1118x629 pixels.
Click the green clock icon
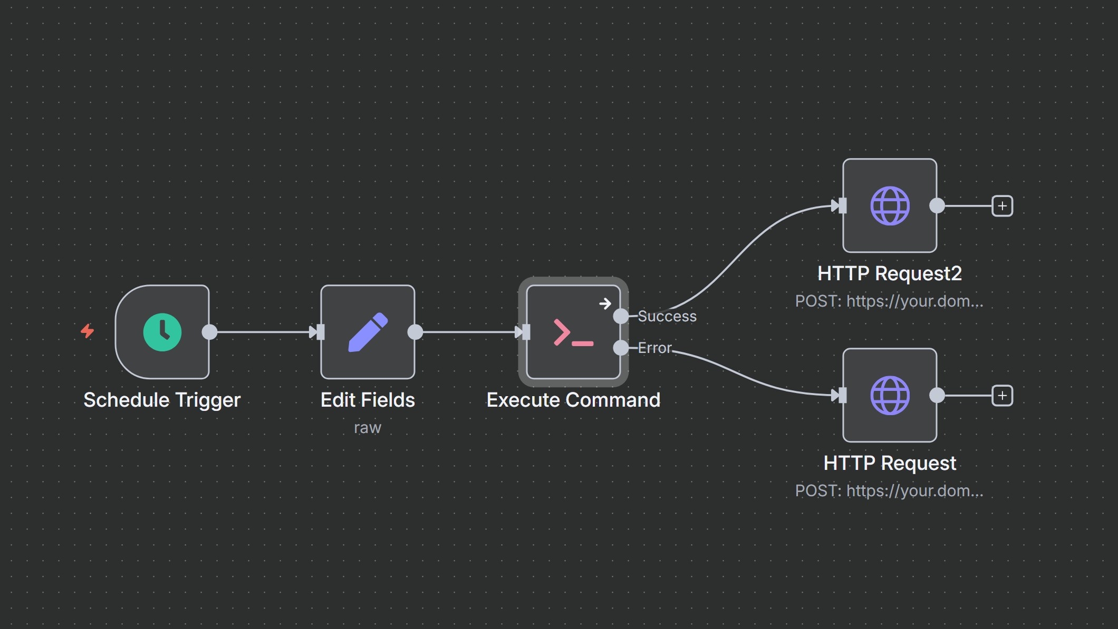162,332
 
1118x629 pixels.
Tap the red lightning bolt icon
88,331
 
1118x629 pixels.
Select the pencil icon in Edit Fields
368,332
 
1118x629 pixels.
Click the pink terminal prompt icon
573,333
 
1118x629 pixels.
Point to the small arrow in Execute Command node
605,303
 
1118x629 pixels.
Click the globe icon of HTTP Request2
890,206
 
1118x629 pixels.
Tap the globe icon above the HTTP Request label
890,396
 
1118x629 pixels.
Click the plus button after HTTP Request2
1002,206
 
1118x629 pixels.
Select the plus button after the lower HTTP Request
1002,396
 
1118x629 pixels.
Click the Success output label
667,316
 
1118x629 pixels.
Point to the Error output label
654,348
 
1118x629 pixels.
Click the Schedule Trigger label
162,400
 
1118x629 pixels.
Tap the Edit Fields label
368,400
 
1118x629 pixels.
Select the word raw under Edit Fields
368,428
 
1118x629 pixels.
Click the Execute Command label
573,400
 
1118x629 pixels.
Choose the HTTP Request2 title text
889,274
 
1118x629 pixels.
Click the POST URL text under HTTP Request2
889,301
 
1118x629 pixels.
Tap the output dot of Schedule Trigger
210,332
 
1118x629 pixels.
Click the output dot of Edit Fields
416,332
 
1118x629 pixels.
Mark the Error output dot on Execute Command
621,348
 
